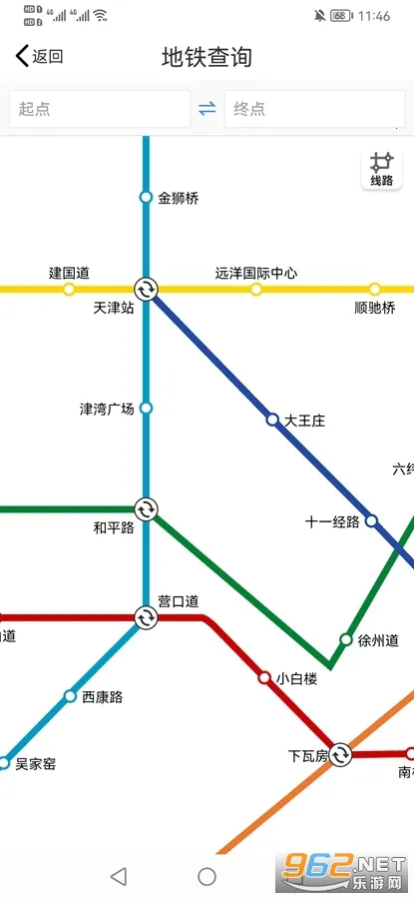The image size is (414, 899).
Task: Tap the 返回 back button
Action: [39, 57]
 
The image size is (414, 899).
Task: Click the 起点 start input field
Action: [100, 109]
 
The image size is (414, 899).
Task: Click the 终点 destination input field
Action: [314, 109]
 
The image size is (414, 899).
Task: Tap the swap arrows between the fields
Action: [207, 109]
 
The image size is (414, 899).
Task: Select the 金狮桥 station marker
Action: [146, 197]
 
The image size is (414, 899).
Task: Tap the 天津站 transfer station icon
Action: [146, 290]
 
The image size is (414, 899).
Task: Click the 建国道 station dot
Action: [69, 290]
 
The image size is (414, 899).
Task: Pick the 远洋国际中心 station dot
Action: [256, 290]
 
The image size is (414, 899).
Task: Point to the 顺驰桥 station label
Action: [375, 308]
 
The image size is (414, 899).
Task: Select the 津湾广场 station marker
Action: [146, 408]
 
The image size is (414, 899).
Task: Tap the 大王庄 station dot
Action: [272, 420]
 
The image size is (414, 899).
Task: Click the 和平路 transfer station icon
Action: [146, 509]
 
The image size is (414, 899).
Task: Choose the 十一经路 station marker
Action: [371, 520]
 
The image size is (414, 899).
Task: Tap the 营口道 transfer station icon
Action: [146, 617]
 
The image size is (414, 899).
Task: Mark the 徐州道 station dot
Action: [346, 639]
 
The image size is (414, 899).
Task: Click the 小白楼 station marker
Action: [264, 677]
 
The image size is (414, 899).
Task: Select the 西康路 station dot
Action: [70, 695]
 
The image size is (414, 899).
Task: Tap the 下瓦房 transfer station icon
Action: [341, 754]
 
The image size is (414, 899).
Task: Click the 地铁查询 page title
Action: [207, 57]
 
